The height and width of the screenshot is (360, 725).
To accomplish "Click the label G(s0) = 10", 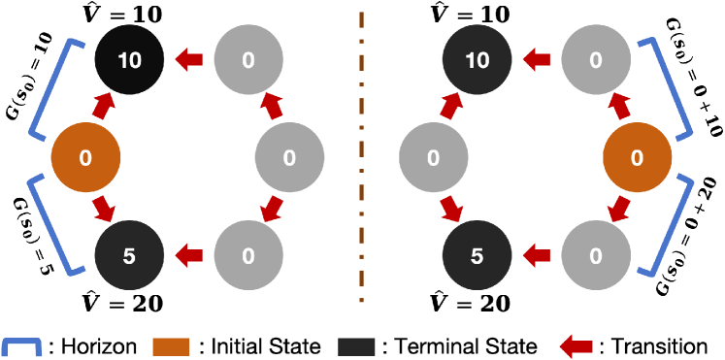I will tap(21, 76).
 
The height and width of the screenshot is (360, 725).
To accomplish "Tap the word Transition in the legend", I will tap(664, 344).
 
